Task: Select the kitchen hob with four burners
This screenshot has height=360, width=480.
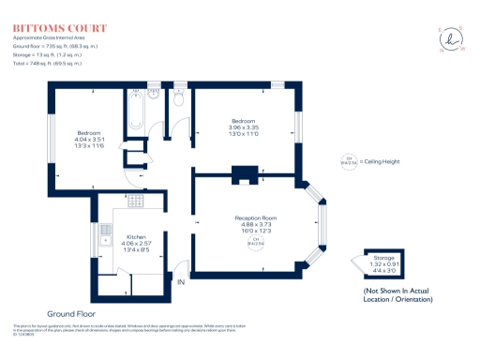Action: point(136,202)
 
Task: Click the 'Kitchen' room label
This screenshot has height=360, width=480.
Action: point(136,238)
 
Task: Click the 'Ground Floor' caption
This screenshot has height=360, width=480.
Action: point(71,312)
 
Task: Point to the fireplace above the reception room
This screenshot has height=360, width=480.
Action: point(247,174)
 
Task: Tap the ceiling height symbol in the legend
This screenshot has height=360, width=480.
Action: point(350,162)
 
